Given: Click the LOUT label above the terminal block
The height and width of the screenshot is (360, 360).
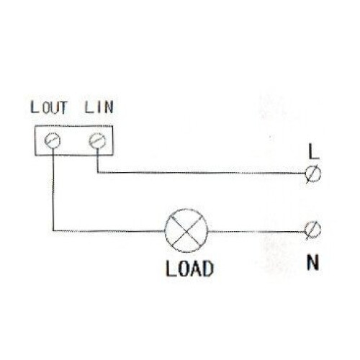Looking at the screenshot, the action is pyautogui.click(x=49, y=107).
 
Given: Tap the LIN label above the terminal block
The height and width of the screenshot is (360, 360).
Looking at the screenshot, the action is pyautogui.click(x=99, y=107).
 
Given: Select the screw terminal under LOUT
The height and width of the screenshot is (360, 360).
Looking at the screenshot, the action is pyautogui.click(x=53, y=140).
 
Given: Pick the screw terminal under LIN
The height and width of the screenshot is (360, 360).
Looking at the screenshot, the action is pyautogui.click(x=97, y=140).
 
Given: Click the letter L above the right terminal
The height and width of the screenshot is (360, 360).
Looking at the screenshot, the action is pyautogui.click(x=313, y=152).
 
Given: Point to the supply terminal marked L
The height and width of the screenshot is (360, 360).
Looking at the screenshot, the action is pyautogui.click(x=313, y=174).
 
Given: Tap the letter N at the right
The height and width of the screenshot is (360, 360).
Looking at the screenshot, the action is pyautogui.click(x=312, y=262).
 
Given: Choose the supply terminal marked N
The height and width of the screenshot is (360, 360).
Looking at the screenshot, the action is pyautogui.click(x=312, y=230).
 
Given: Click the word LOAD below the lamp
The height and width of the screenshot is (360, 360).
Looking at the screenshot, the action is pyautogui.click(x=189, y=269).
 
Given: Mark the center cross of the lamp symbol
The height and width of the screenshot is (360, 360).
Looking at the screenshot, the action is pyautogui.click(x=186, y=231).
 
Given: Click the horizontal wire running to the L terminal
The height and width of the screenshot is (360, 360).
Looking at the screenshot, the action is pyautogui.click(x=202, y=173).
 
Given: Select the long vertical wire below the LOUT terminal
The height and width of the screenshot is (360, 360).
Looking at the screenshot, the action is pyautogui.click(x=53, y=189).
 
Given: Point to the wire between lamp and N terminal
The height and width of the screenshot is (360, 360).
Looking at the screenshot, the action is pyautogui.click(x=256, y=232).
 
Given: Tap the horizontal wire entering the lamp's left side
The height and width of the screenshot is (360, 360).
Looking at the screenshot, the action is pyautogui.click(x=109, y=231).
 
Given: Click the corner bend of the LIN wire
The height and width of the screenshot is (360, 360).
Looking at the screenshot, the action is pyautogui.click(x=98, y=173).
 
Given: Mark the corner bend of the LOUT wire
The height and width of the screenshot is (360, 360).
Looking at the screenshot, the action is pyautogui.click(x=53, y=231).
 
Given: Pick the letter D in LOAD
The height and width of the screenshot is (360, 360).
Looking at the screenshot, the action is pyautogui.click(x=207, y=269).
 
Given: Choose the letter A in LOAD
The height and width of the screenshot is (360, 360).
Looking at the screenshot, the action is pyautogui.click(x=196, y=269).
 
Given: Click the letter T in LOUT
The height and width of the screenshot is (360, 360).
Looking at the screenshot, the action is pyautogui.click(x=63, y=108).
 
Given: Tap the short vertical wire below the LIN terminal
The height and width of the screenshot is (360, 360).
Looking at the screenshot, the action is pyautogui.click(x=98, y=161).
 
